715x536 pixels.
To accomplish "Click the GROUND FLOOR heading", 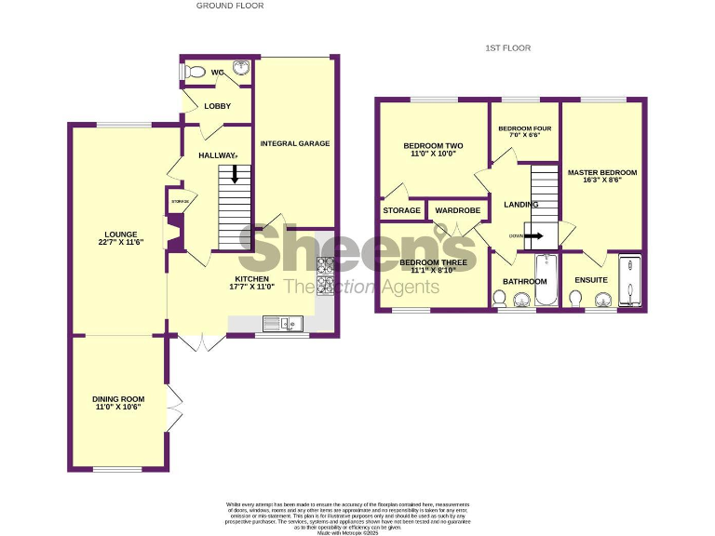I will tap(230, 6).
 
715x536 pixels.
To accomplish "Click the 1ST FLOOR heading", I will tap(507, 47).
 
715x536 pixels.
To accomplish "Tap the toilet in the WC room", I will tap(195, 71).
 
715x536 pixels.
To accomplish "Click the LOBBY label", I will tap(217, 106).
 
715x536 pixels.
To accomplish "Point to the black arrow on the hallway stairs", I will tap(234, 174).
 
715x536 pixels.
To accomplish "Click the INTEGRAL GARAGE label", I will tap(295, 143).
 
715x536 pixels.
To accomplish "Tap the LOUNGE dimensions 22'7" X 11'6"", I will tap(121, 242).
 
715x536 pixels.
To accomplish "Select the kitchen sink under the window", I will tap(278, 323).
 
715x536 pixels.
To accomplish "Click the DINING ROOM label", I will tap(121, 397).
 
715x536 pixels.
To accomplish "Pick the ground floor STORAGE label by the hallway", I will tap(179, 201).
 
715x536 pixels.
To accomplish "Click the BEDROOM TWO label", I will tap(433, 146).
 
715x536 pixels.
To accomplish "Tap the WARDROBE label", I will tap(457, 211).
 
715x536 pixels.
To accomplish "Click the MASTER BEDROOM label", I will tap(602, 172).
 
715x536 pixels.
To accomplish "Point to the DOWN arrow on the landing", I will tap(533, 235).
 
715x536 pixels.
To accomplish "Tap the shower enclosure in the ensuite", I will tap(631, 280).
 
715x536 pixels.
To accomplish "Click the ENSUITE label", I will tap(591, 280).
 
